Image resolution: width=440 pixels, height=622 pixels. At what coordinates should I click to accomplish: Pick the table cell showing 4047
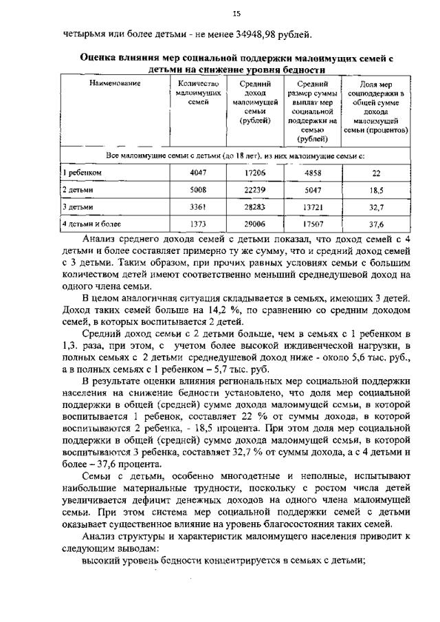coord(198,173)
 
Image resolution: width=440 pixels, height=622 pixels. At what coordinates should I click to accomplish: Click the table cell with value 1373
coord(198,224)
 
